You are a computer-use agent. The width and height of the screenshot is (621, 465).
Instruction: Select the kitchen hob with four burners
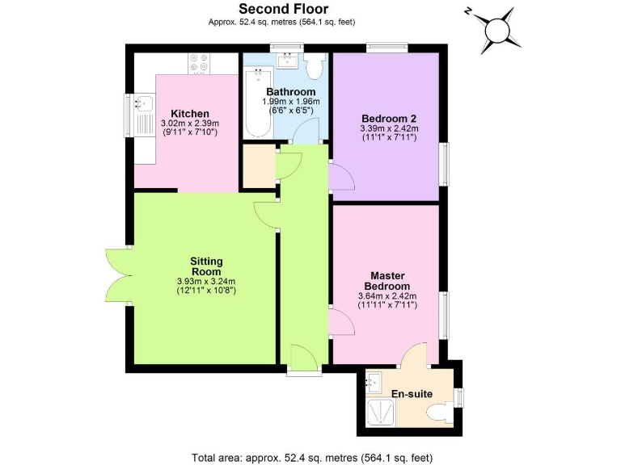tap(199, 61)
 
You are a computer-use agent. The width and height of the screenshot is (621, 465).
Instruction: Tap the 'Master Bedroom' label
tap(387, 281)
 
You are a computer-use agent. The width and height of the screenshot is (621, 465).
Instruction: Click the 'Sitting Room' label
tap(205, 266)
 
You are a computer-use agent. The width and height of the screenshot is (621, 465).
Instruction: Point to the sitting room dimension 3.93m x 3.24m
tap(205, 282)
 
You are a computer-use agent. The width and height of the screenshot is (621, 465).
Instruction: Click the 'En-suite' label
tap(412, 394)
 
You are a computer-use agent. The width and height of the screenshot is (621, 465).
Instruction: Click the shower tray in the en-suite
tap(378, 413)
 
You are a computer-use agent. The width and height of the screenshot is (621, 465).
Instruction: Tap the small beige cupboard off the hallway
tap(258, 166)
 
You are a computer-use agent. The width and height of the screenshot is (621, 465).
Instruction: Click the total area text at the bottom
tap(310, 458)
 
